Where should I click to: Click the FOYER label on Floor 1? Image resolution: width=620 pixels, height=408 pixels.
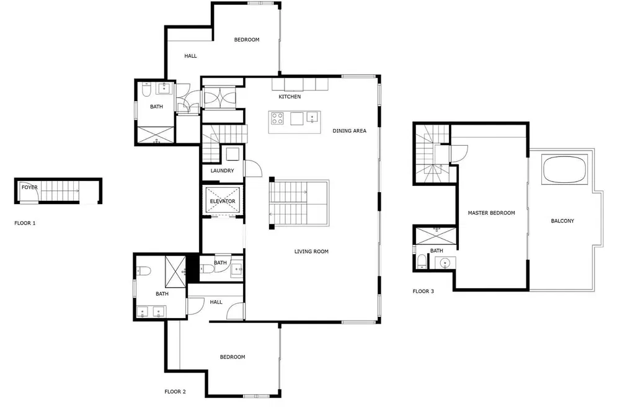pos(30,187)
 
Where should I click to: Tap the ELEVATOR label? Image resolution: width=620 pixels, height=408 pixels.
pos(222,202)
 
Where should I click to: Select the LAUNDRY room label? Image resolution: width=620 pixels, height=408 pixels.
pos(222,171)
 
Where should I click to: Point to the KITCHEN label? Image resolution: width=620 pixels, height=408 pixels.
pos(290,97)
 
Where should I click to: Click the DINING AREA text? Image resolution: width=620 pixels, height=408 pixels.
pos(349,131)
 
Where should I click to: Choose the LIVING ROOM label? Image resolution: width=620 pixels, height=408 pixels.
pos(311,251)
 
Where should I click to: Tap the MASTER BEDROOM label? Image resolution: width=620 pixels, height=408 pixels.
pos(491,213)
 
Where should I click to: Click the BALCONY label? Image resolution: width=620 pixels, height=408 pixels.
pos(562,221)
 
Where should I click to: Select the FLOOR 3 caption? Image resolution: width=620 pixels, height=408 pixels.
pos(423,291)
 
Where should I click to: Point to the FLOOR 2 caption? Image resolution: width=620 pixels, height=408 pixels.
pos(175,391)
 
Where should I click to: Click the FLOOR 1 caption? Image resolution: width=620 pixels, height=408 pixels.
pos(25,223)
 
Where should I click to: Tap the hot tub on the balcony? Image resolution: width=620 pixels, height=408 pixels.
pos(563,169)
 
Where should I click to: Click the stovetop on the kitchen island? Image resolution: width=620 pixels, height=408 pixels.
pos(277,118)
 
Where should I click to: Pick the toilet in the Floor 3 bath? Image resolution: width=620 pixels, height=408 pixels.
pos(422,260)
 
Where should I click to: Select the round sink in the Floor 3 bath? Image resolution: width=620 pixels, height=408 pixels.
pos(445,263)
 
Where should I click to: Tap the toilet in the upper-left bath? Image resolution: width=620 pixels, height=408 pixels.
pos(146,91)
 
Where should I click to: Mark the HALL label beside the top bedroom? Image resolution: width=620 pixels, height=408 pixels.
pos(190,56)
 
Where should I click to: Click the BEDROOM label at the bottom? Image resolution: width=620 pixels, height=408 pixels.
pos(232,357)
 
